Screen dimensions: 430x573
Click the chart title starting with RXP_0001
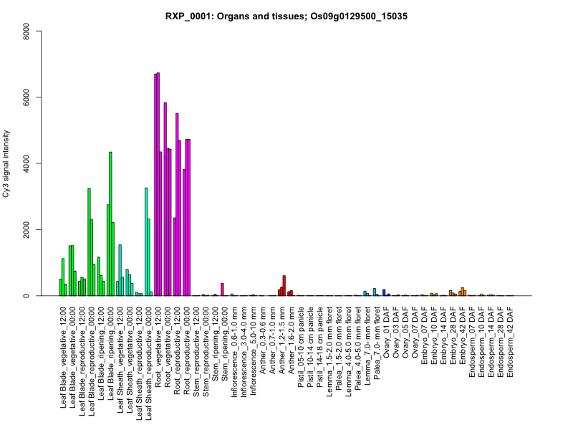point(286,16)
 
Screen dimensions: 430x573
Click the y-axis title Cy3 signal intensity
point(8,163)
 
